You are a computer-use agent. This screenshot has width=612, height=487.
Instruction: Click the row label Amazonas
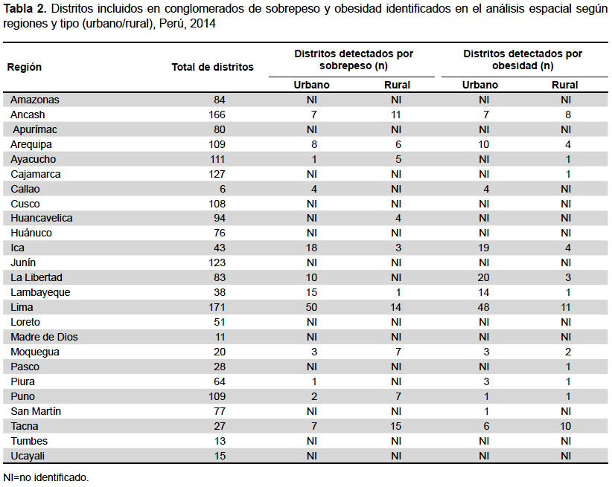(x=35, y=100)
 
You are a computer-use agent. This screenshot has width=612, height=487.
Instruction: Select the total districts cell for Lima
(x=217, y=307)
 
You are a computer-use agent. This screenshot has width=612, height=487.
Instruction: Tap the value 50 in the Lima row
(x=311, y=307)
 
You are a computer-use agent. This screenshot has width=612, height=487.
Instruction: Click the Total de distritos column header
(x=212, y=67)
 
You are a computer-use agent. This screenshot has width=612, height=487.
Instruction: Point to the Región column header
(x=25, y=67)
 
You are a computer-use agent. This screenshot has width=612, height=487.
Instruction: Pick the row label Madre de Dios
(x=44, y=337)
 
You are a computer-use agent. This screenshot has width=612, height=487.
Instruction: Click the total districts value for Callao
(x=223, y=189)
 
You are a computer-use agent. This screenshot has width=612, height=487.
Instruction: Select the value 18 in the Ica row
(x=311, y=248)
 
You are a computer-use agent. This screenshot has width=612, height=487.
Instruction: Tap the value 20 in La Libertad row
(x=483, y=277)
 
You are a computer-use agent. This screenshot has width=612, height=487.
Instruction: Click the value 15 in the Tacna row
(x=396, y=426)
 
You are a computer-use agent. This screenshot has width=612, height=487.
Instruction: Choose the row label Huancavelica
(x=42, y=218)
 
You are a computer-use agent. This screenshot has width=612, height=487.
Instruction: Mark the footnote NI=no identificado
(x=46, y=477)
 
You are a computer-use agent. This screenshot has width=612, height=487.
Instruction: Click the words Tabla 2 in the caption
(x=25, y=9)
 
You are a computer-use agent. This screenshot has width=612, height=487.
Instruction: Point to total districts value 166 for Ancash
(x=217, y=115)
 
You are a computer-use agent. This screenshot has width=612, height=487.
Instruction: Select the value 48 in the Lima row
(x=483, y=307)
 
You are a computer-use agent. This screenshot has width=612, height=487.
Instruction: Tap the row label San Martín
(x=36, y=411)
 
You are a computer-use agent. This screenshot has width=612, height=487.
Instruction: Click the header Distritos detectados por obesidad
(x=523, y=59)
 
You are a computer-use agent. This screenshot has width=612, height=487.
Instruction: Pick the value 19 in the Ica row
(x=483, y=248)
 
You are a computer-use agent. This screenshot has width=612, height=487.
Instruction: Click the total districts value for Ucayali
(x=220, y=456)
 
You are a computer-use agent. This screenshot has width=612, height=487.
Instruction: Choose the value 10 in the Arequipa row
(x=483, y=145)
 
